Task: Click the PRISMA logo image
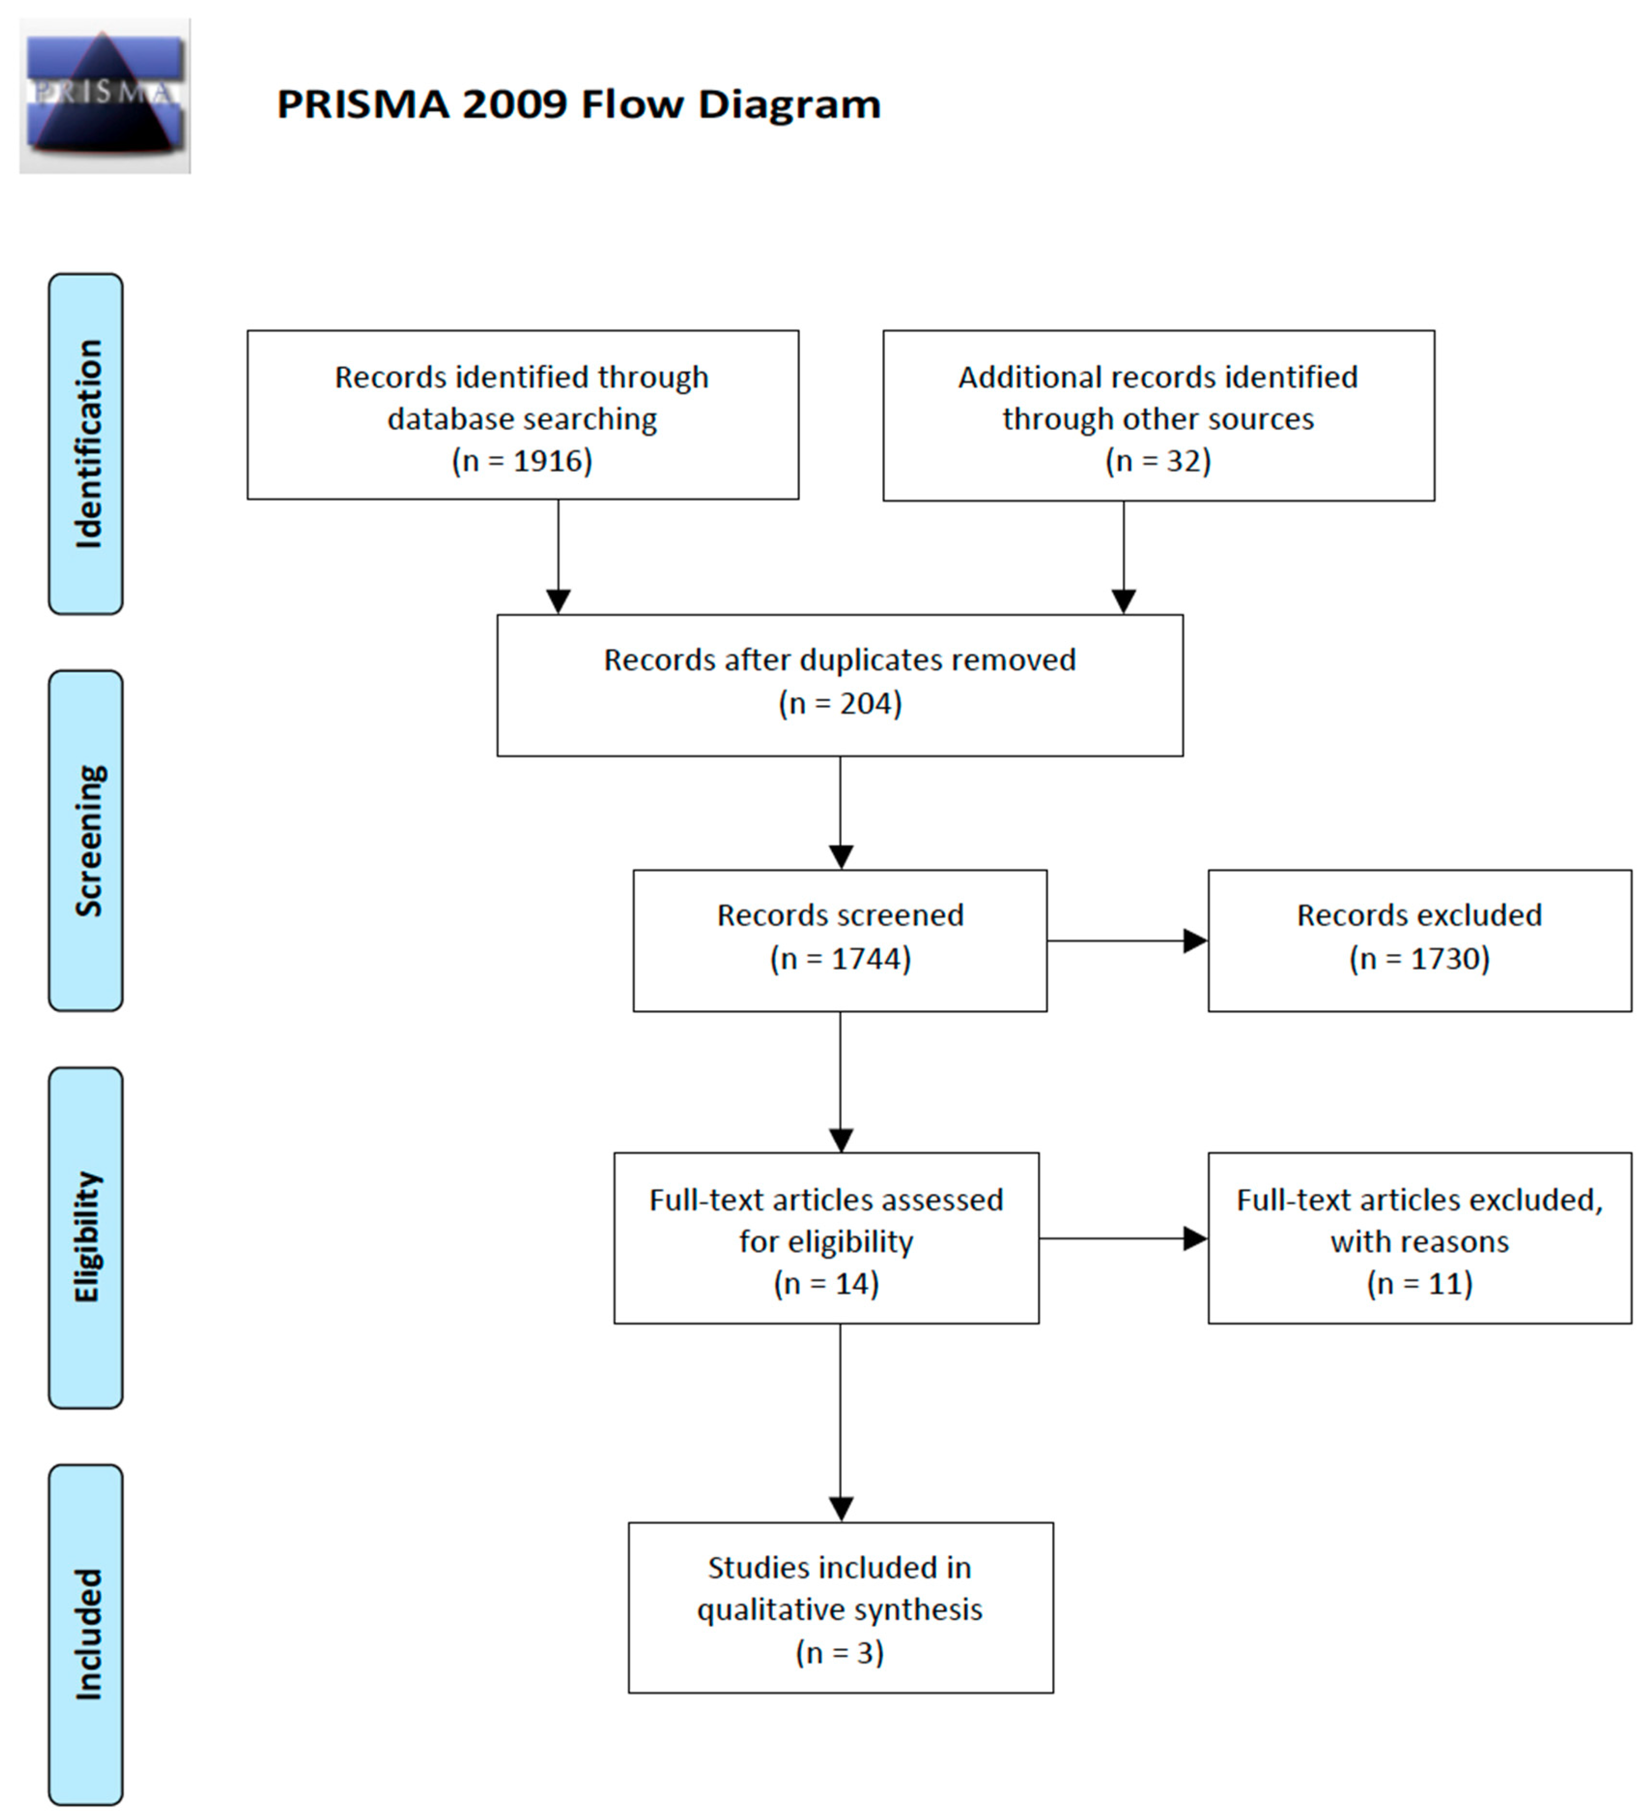[105, 96]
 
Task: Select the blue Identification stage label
[85, 444]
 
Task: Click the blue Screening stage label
[85, 840]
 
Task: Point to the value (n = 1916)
[522, 461]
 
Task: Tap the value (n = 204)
[840, 704]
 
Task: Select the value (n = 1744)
[840, 958]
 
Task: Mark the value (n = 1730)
[1419, 958]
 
